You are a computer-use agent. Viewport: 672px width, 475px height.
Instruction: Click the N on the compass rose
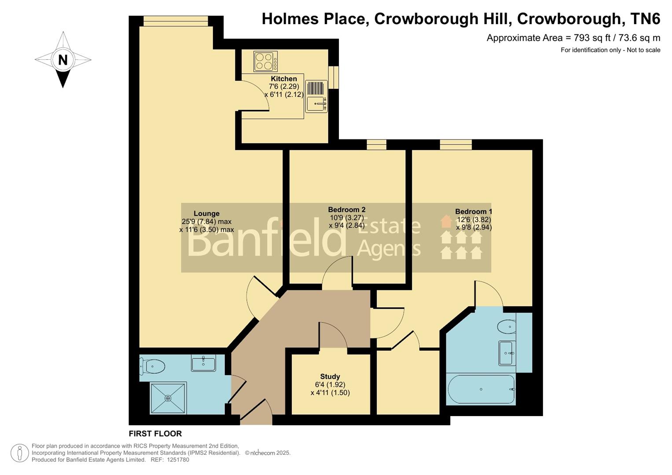pos(63,59)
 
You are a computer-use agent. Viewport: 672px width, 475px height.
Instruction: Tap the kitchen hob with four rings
pos(265,62)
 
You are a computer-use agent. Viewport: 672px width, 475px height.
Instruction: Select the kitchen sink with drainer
pos(316,96)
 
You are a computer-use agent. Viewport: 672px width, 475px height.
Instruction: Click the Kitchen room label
pos(283,79)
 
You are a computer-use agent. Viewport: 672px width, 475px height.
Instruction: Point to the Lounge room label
pos(206,214)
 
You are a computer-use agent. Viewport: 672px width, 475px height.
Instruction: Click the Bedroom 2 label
pos(347,210)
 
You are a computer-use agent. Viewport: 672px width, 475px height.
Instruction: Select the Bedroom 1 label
pos(474,212)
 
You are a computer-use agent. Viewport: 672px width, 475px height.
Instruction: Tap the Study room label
pos(330,376)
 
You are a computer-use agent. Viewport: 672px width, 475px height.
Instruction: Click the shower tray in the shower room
pos(168,398)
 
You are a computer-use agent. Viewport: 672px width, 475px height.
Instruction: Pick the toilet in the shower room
pos(152,365)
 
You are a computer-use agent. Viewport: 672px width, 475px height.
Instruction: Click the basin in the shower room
pos(203,364)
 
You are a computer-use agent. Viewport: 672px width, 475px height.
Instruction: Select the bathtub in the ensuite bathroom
pos(481,389)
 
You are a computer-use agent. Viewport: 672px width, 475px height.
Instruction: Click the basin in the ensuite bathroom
pos(507,353)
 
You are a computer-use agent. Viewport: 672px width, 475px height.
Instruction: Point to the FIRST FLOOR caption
pos(155,434)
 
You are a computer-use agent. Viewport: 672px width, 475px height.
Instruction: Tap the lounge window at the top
pos(176,18)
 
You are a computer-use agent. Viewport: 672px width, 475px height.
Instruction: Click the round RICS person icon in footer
pos(20,453)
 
